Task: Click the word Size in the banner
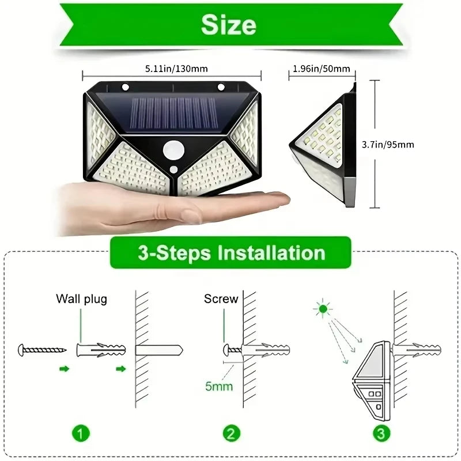[x=229, y=25]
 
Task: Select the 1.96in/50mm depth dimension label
[x=322, y=69]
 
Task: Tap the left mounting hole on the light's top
[x=124, y=88]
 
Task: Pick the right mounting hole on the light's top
[x=220, y=88]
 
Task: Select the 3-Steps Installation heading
[x=231, y=252]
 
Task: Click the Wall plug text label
[x=81, y=299]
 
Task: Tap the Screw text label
[x=221, y=299]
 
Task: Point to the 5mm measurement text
[x=219, y=386]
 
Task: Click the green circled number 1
[x=81, y=432]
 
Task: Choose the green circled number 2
[x=230, y=432]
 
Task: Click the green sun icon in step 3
[x=323, y=309]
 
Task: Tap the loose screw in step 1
[x=43, y=349]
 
